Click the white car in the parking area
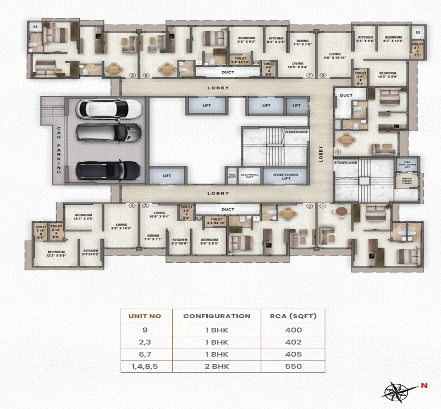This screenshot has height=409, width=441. coord(108,109)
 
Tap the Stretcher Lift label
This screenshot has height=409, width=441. coord(286,177)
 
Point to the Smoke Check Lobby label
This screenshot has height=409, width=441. coord(407,181)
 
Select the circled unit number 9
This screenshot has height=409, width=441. coord(338,151)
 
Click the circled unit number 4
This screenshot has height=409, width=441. coord(132,206)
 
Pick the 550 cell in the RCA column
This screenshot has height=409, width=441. coord(293,366)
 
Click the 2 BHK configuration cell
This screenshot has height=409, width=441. coord(217,366)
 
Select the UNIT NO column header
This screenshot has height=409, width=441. coord(145,316)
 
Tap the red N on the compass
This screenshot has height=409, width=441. coord(424,386)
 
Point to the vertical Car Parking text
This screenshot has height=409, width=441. coord(58,150)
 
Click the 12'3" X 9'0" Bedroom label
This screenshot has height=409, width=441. coord(56,254)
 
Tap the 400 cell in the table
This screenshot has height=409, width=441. coord(293,330)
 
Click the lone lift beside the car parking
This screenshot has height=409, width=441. coord(167,176)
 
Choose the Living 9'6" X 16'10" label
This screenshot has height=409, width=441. coord(335,56)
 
